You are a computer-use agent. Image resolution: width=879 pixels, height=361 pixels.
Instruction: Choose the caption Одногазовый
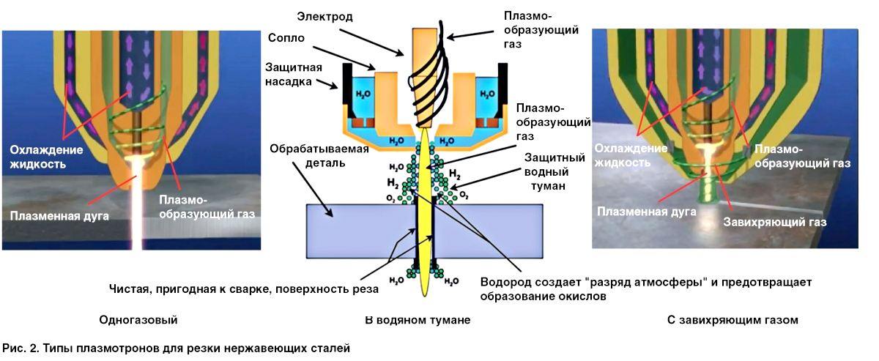click(x=138, y=320)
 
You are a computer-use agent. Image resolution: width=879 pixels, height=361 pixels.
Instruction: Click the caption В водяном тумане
click(x=418, y=320)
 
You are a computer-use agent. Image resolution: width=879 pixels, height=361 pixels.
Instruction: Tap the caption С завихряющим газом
click(x=732, y=320)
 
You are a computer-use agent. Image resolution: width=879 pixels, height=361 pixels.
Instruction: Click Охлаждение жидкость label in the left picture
click(x=46, y=157)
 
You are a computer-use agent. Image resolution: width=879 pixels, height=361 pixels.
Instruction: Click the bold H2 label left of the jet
click(x=393, y=182)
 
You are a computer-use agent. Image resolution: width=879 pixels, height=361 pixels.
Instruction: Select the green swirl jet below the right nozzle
click(x=708, y=192)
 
